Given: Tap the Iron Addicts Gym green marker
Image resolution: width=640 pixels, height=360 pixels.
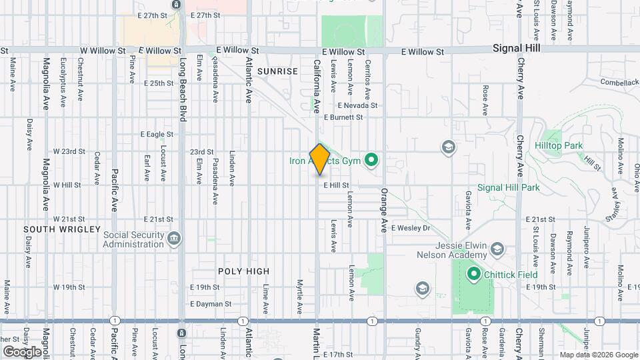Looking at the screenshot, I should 373,160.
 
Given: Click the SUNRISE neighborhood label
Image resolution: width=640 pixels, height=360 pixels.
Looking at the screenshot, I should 277,71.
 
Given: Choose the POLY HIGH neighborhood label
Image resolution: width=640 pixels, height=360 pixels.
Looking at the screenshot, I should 244,271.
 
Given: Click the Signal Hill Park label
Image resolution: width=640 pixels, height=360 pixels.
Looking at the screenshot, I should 508,188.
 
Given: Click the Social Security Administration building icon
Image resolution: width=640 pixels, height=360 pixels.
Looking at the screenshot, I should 173,238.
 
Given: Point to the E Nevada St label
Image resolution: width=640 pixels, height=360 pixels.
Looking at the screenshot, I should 357,105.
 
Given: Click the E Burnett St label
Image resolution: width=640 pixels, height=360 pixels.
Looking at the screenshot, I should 343,117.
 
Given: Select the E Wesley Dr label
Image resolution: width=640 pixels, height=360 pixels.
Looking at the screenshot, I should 411,228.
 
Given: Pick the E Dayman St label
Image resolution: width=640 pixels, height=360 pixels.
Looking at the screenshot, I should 210,303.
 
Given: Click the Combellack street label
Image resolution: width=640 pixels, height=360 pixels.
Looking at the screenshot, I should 619,82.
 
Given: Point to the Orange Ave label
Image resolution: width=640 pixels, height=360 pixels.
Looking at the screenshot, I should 384,210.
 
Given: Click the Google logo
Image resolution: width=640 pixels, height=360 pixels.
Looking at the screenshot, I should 21,352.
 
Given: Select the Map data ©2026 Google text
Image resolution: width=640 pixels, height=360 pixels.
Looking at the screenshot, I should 598,355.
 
